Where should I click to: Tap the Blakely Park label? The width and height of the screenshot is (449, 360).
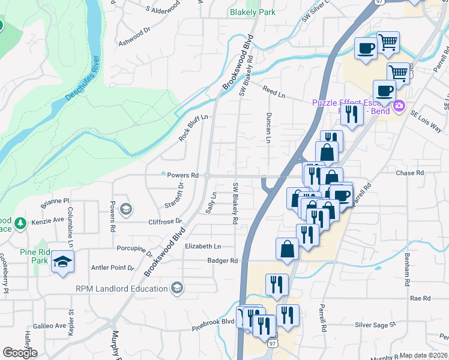[253, 12]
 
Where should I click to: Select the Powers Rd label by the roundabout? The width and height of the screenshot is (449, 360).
[182, 175]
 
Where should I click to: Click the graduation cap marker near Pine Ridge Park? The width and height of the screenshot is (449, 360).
[62, 262]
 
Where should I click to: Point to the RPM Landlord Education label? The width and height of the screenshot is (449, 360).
[122, 289]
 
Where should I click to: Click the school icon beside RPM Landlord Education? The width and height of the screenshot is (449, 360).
[176, 289]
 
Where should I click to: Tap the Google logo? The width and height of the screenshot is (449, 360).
[20, 353]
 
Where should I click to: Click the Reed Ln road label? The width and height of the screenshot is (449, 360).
[273, 91]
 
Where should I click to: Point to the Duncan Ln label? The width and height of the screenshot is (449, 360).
[269, 128]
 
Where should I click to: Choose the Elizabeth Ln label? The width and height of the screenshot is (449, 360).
[203, 247]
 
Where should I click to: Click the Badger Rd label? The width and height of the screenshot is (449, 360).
[223, 260]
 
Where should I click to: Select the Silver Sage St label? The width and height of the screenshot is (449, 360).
[376, 325]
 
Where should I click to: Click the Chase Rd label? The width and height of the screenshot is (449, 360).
[410, 173]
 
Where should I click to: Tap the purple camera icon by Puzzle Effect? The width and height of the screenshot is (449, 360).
[399, 107]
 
